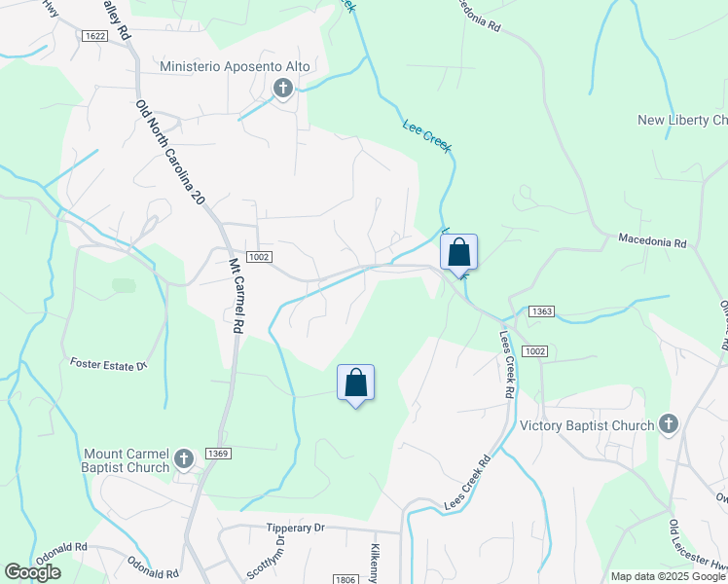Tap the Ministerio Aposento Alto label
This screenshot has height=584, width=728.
click(236, 66)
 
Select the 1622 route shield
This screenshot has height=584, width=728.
click(95, 36)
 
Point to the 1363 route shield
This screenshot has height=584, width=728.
click(542, 311)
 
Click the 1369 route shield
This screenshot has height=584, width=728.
click(217, 453)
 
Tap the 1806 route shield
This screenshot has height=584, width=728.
click(345, 579)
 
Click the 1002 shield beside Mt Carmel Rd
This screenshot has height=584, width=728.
click(258, 256)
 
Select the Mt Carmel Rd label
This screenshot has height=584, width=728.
click(235, 296)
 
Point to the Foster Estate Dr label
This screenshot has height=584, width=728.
click(108, 364)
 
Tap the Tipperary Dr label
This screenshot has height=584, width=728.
click(294, 528)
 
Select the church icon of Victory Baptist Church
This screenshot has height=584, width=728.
click(668, 423)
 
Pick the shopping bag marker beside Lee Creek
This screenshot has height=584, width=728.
click(459, 253)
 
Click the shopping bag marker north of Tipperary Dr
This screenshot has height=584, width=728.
click(355, 383)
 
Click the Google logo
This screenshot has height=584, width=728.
click(32, 572)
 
